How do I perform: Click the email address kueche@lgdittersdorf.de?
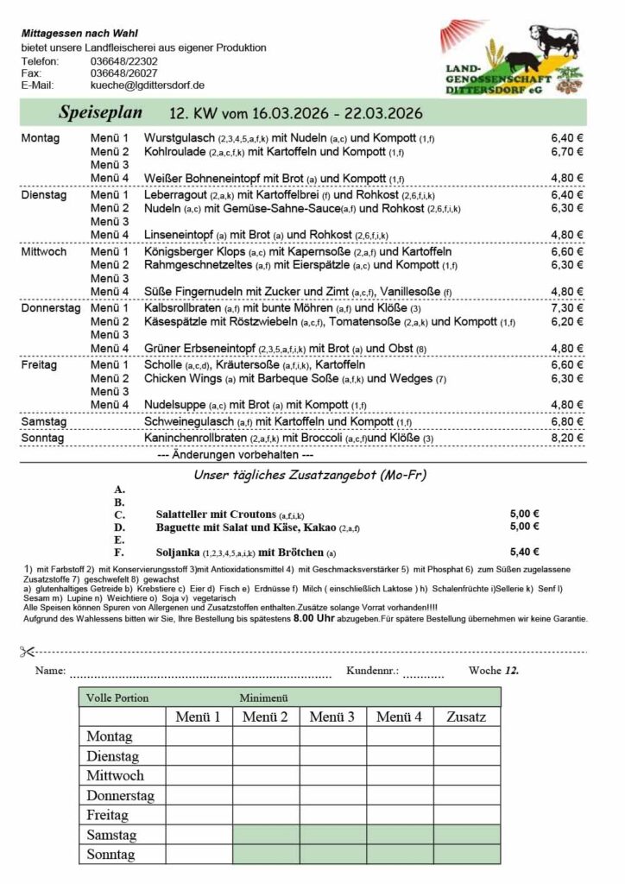147,85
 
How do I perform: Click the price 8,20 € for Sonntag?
567,438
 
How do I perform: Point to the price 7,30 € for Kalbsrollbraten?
567,308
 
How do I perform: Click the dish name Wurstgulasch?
180,137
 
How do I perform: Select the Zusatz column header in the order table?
467,717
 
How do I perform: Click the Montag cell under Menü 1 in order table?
199,736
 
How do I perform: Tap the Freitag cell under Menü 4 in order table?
400,815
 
